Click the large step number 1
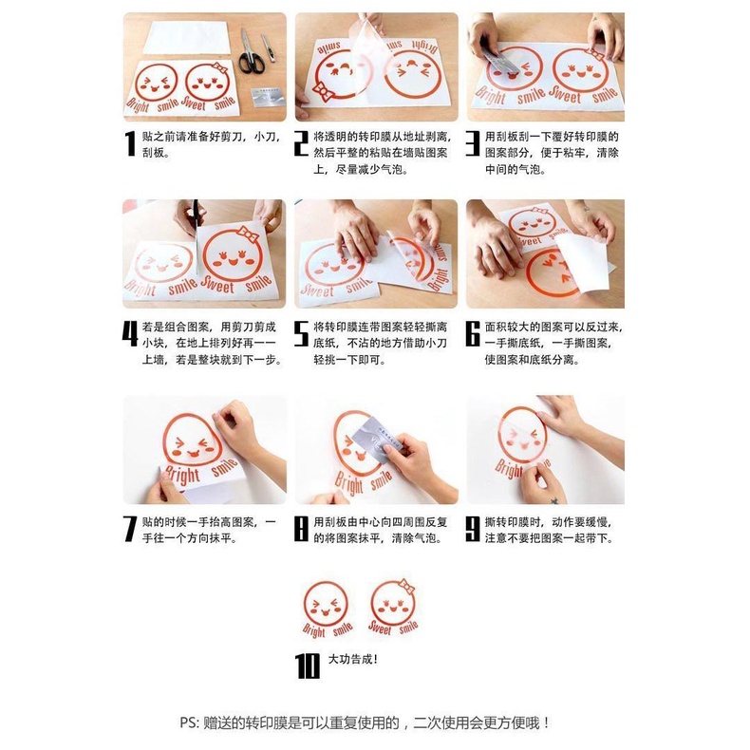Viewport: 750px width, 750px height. click(x=131, y=144)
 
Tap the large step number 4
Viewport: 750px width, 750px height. click(x=131, y=335)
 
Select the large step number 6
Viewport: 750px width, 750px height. click(x=472, y=335)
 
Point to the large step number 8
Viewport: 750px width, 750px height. click(x=301, y=529)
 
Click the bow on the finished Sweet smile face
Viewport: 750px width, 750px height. click(x=407, y=586)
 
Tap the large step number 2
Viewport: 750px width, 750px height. click(x=301, y=144)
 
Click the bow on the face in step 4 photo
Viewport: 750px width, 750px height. click(x=248, y=234)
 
